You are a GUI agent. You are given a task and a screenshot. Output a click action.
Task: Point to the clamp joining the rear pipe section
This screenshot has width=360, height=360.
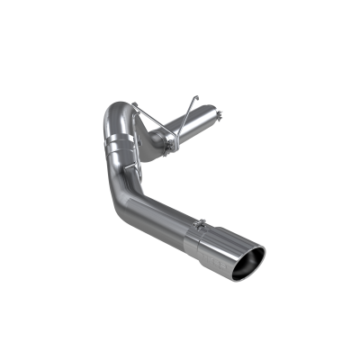click(x=166, y=140)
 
